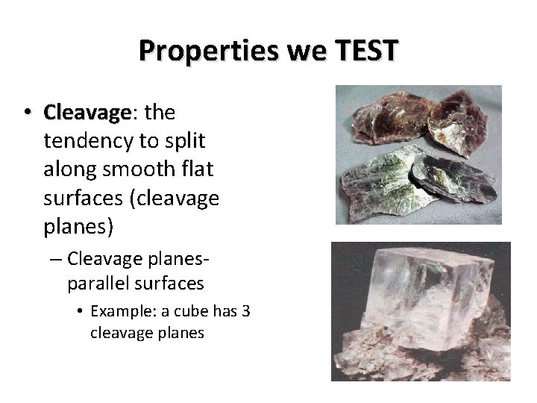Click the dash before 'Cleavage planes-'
click(56, 259)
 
